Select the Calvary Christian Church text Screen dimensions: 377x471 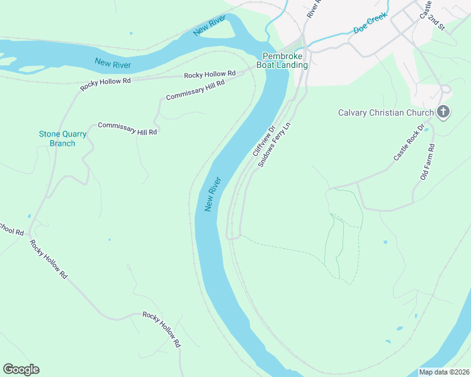385,113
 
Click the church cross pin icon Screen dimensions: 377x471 444,112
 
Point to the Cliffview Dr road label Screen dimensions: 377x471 264,141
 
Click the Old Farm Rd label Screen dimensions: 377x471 428,162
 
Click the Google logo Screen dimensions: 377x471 21,369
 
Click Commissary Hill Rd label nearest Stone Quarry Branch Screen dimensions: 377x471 127,129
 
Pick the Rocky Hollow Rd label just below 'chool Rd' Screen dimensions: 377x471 48,259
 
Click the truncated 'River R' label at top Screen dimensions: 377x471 313,8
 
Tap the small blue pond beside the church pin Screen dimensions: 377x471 427,129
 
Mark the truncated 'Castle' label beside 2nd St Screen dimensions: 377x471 426,8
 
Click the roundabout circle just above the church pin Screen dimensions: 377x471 445,89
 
